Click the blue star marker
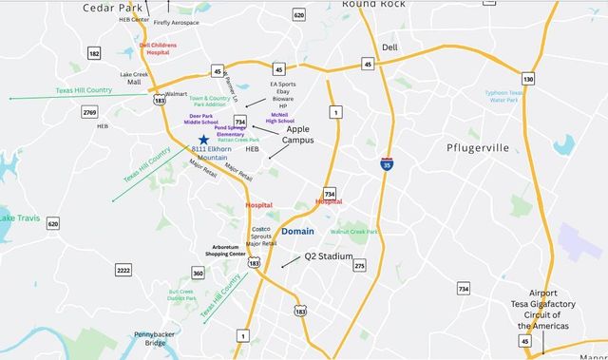click(202, 140)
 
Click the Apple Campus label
click(298, 134)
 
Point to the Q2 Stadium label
click(329, 256)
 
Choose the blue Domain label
click(297, 231)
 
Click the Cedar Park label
click(111, 7)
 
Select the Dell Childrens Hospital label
click(160, 48)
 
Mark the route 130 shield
click(527, 78)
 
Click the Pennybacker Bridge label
click(156, 339)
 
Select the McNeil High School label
click(279, 117)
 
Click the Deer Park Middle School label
click(200, 119)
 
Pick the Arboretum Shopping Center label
click(229, 250)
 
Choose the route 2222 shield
click(123, 271)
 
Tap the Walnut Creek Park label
click(353, 231)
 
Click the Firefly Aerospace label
click(175, 20)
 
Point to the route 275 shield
click(359, 266)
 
